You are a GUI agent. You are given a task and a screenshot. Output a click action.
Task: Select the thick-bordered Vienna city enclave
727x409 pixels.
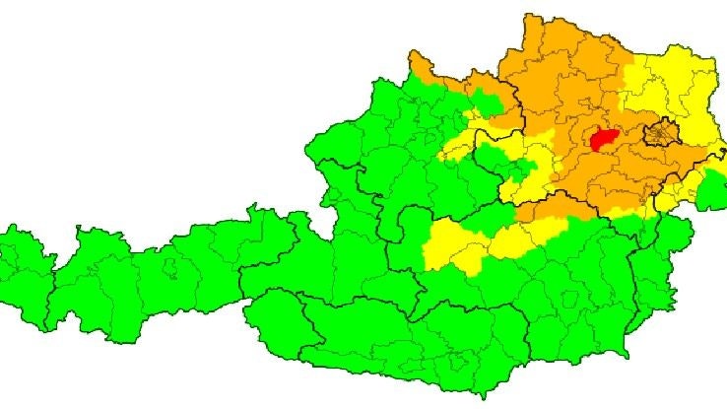coord(659,132)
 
